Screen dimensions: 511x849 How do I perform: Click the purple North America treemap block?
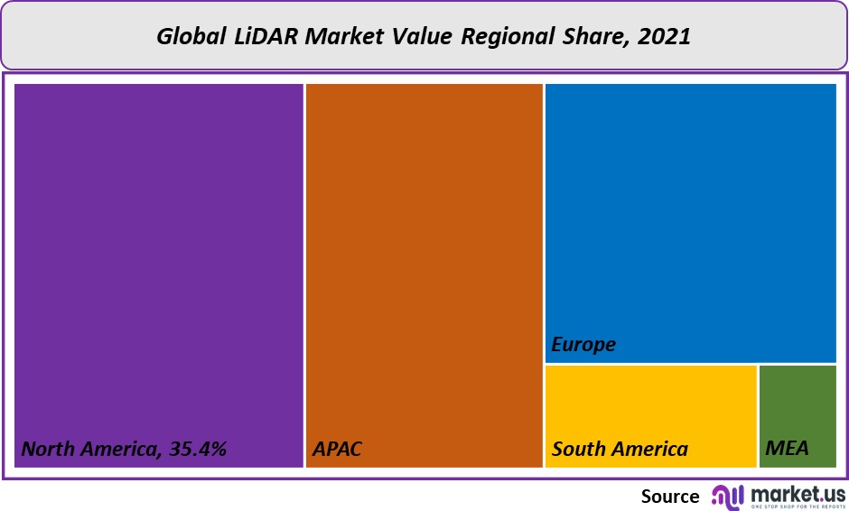click(158, 262)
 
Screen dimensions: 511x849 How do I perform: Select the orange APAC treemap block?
click(424, 262)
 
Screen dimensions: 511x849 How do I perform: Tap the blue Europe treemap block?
click(690, 217)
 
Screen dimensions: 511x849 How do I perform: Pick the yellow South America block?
click(650, 406)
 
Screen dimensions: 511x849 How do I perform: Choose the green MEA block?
click(798, 406)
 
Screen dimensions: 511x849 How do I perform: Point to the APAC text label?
click(337, 449)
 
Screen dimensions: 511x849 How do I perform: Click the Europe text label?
click(583, 344)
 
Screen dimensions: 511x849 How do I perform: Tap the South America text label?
click(620, 449)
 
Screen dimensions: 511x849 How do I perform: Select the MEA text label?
click(787, 449)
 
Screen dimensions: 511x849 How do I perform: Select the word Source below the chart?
click(670, 496)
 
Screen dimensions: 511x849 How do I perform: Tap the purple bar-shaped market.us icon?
click(728, 496)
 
